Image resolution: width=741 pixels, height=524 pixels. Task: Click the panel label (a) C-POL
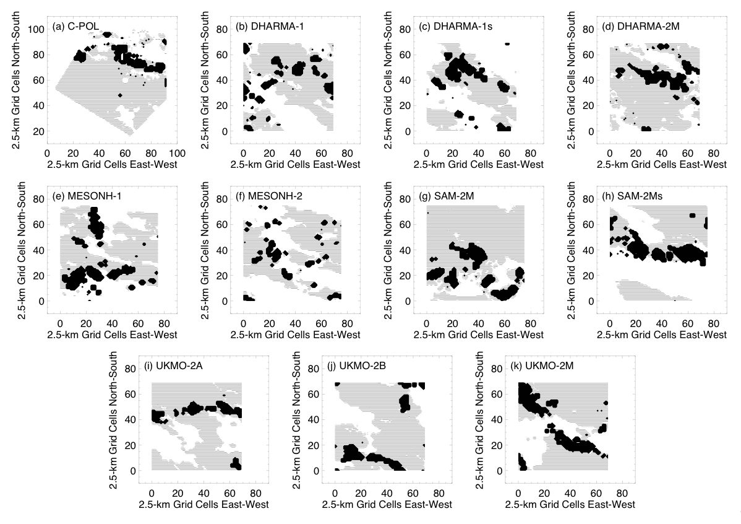(77, 26)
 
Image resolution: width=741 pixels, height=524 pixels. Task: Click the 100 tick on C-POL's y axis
(37, 29)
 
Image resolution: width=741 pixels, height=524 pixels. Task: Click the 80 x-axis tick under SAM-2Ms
(713, 323)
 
